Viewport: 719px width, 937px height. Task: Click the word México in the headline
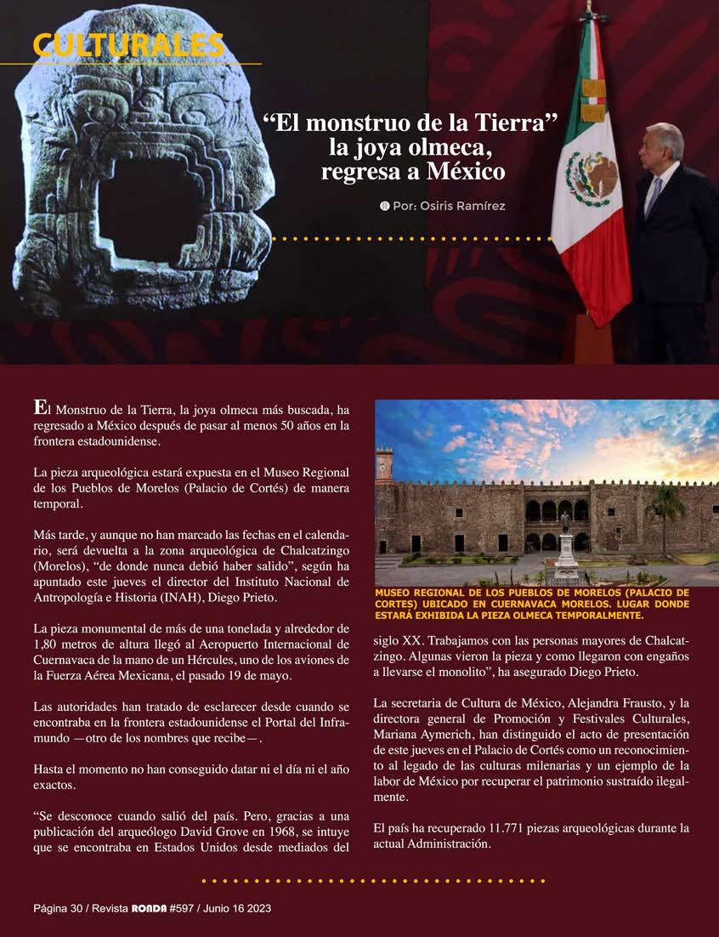[462, 171]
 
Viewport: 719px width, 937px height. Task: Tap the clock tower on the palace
[384, 466]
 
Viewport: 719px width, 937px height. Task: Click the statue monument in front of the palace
[565, 541]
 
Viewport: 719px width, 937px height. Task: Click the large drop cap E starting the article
[39, 406]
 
